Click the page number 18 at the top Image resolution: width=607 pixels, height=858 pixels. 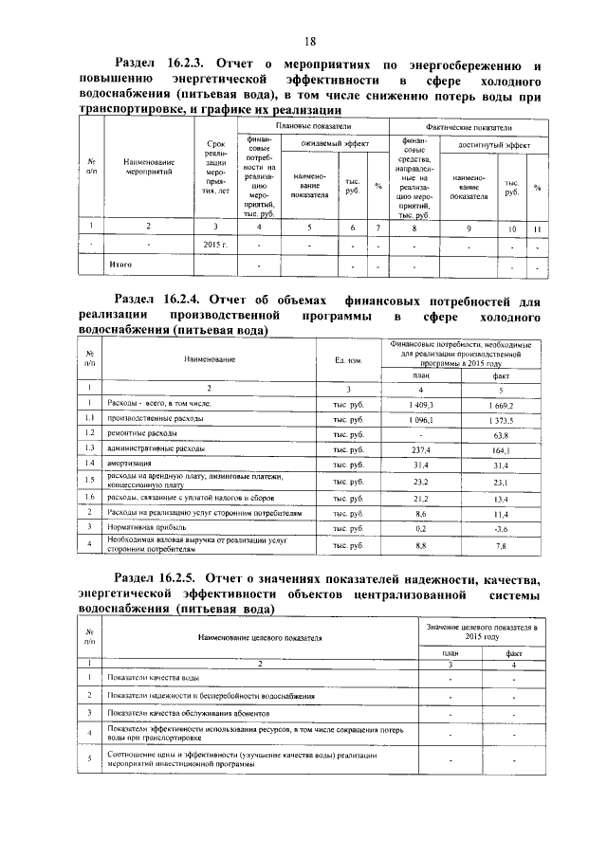click(309, 41)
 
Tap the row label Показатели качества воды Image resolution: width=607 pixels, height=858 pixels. click(154, 679)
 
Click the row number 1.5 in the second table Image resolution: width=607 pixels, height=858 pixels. click(88, 482)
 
